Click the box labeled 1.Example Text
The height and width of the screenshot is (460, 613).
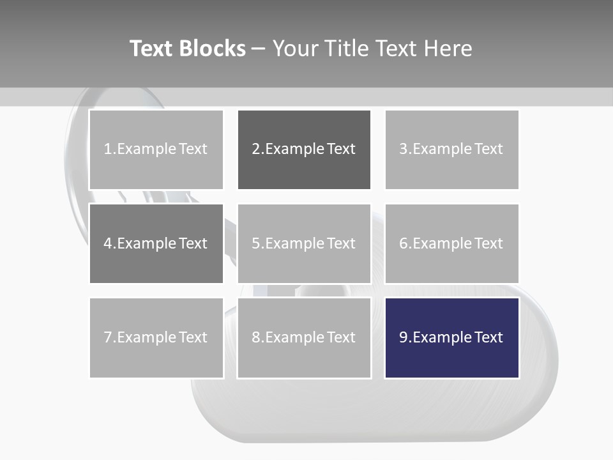pyautogui.click(x=156, y=149)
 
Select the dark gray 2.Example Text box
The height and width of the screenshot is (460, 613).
pyautogui.click(x=304, y=149)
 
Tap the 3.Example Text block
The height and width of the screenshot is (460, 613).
pyautogui.click(x=451, y=149)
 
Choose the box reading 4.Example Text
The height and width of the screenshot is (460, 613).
pyautogui.click(x=156, y=243)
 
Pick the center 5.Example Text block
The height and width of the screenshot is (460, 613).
pyautogui.click(x=304, y=243)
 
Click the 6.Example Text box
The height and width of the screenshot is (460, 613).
pyautogui.click(x=451, y=243)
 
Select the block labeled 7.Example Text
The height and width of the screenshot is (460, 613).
pyautogui.click(x=156, y=337)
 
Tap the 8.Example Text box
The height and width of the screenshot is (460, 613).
pyautogui.click(x=304, y=337)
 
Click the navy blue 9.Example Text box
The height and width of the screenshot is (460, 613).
pyautogui.click(x=451, y=337)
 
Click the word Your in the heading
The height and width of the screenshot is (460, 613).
pyautogui.click(x=296, y=49)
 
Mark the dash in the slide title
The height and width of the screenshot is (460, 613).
pyautogui.click(x=259, y=49)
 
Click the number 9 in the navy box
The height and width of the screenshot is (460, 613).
pyautogui.click(x=403, y=337)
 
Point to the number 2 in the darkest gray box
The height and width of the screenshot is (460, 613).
pyautogui.click(x=255, y=149)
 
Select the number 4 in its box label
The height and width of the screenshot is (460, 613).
pyautogui.click(x=108, y=243)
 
